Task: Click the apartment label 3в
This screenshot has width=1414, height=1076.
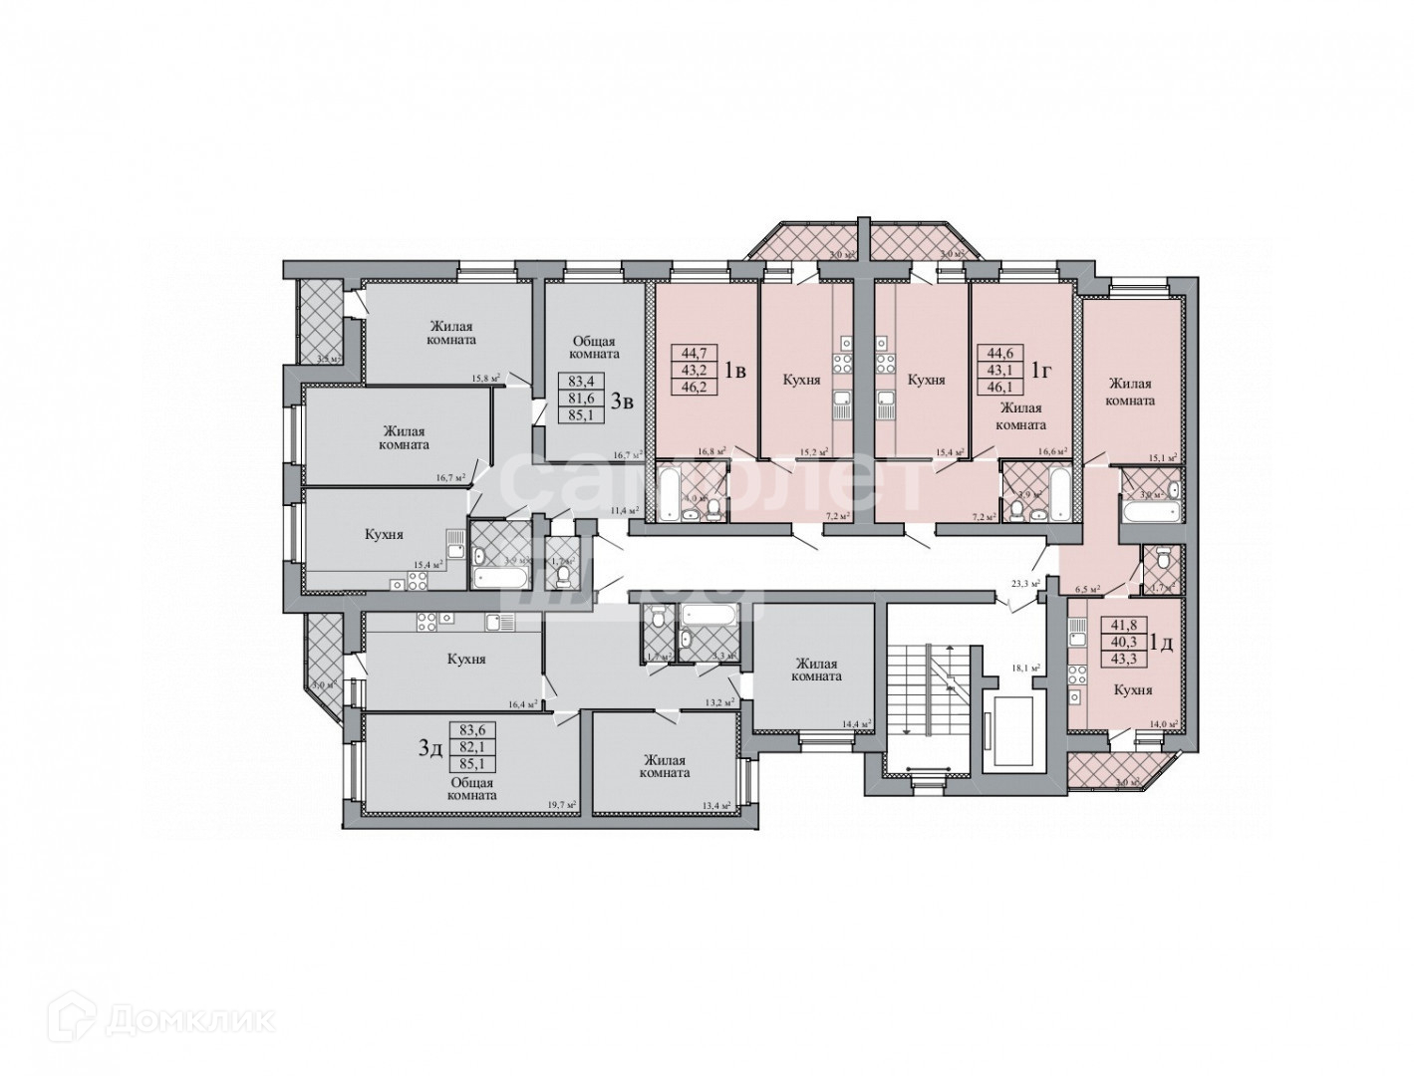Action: click(x=623, y=402)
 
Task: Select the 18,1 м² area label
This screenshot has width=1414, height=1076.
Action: click(x=1025, y=669)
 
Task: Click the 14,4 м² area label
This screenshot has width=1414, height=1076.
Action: click(x=856, y=723)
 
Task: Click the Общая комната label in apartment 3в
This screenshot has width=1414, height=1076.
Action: click(x=596, y=347)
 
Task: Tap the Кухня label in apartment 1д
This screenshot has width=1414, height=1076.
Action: click(x=1133, y=689)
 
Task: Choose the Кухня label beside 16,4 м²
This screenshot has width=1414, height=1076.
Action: click(x=466, y=659)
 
